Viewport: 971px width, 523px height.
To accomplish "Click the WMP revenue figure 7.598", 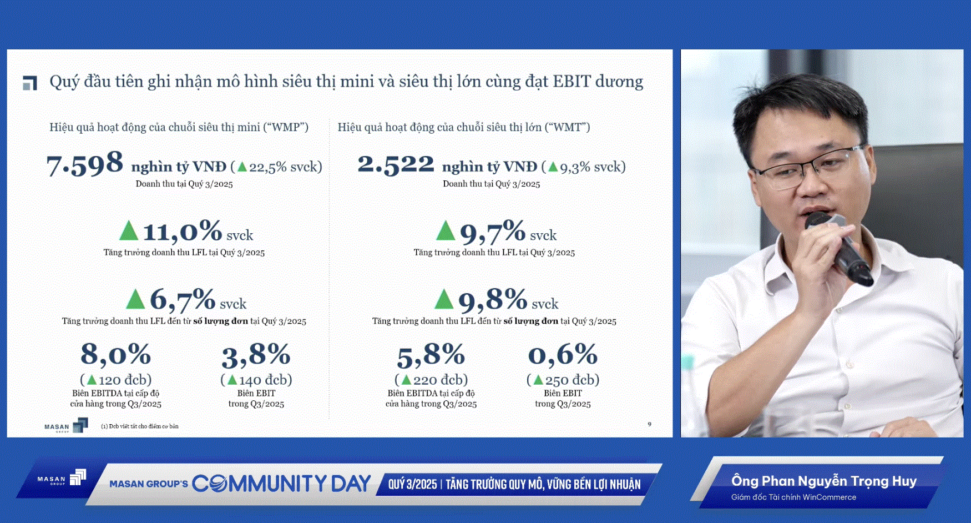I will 84,164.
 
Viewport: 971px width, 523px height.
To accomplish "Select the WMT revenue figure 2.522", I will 396,164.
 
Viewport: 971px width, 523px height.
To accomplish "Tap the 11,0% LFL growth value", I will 182,232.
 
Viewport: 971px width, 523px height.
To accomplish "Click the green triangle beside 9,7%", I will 445,230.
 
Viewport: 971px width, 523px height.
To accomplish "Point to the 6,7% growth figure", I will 182,300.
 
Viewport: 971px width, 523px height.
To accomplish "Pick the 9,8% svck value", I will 493,300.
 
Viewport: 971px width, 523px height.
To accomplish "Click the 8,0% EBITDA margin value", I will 115,354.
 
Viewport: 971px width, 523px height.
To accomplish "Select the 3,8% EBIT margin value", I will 256,355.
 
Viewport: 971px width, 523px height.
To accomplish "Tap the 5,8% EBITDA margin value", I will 431,355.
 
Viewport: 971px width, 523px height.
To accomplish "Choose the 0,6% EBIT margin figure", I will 563,354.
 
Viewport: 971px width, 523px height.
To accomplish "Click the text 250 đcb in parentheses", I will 564,380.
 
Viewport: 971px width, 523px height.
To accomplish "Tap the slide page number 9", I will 649,424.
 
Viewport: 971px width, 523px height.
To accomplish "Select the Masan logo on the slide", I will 66,426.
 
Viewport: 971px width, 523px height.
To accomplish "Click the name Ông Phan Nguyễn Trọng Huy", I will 823,481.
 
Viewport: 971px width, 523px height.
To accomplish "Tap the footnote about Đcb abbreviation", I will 140,426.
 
